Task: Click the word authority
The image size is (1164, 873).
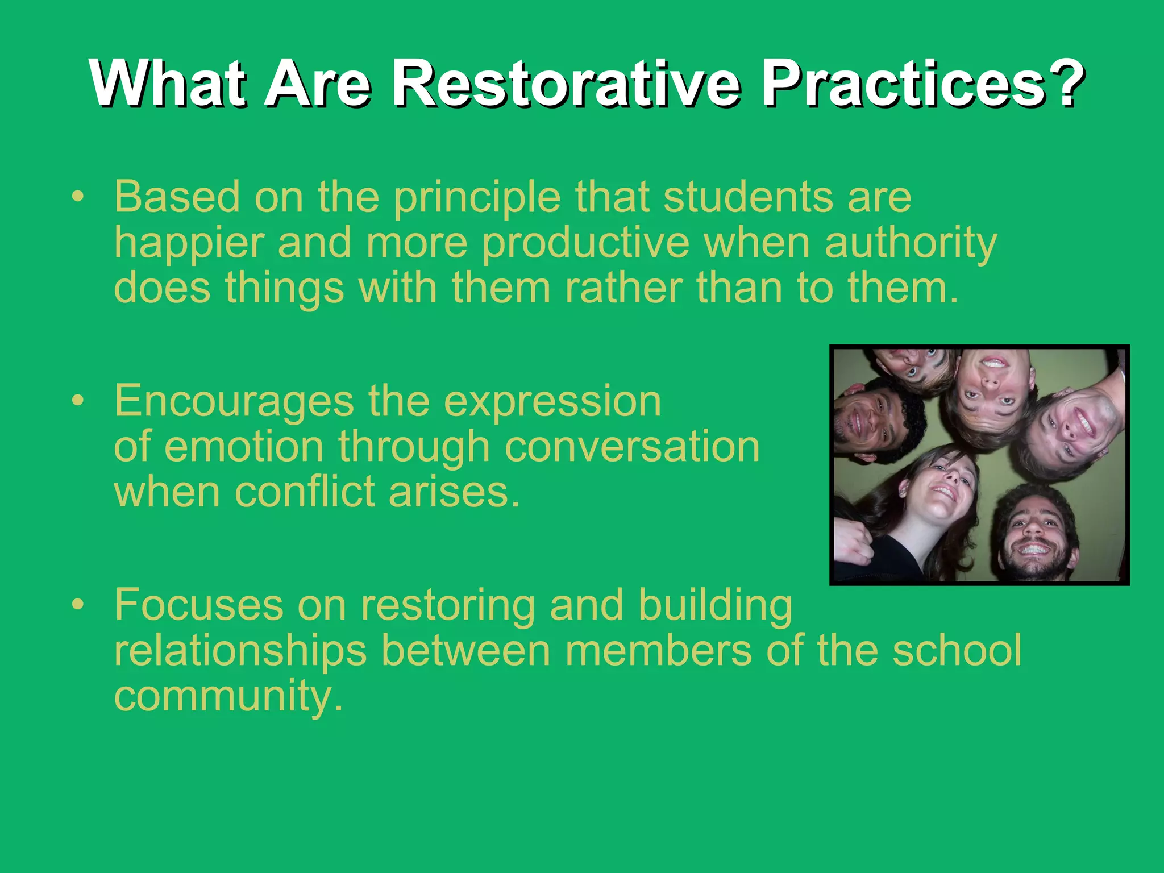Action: (911, 243)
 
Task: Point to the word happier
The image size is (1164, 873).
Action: (189, 243)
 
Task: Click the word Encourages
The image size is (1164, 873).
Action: (234, 401)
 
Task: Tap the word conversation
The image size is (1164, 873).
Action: (631, 447)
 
